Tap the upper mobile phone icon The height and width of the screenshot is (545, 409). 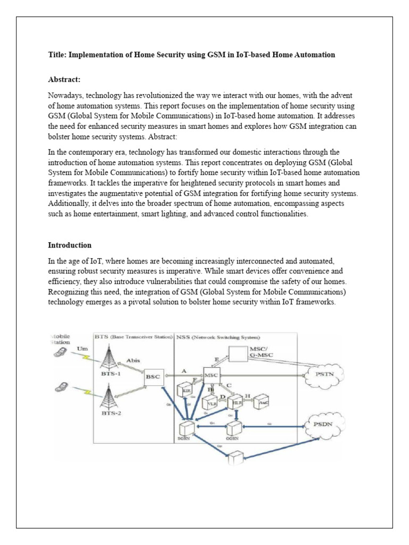coord(60,353)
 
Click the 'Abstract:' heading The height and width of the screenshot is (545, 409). coord(64,79)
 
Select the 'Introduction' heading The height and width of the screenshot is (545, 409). coord(70,245)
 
